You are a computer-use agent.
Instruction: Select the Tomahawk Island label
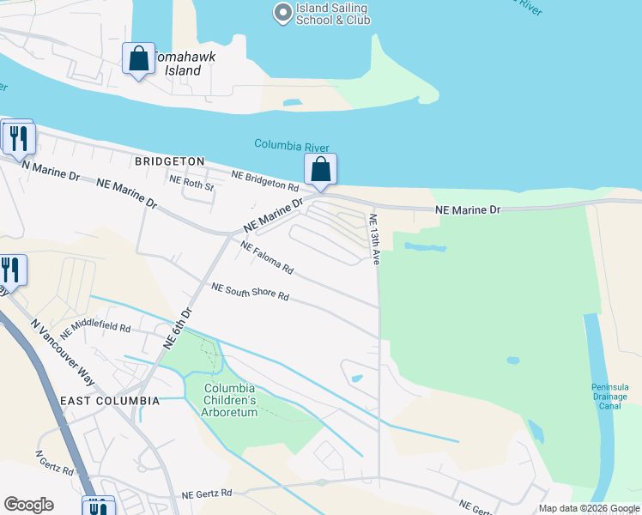(x=183, y=64)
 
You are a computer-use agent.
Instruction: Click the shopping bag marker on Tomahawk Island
(x=138, y=59)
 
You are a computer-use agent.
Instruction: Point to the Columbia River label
(x=292, y=147)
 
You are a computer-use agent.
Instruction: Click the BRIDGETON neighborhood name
(x=169, y=161)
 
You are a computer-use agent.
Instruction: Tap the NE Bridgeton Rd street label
(x=265, y=179)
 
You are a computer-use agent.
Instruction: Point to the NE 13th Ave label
(x=373, y=239)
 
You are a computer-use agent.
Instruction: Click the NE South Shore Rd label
(x=250, y=292)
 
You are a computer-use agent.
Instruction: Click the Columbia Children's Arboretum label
(x=230, y=400)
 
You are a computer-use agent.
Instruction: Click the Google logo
(x=28, y=505)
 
